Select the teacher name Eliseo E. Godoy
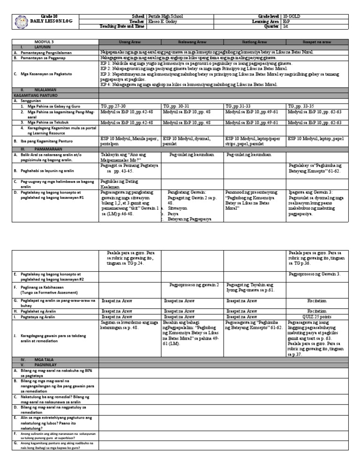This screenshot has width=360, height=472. [163, 22]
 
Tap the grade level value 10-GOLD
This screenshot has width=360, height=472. [293, 16]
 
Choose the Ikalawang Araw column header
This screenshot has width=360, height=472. [193, 42]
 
